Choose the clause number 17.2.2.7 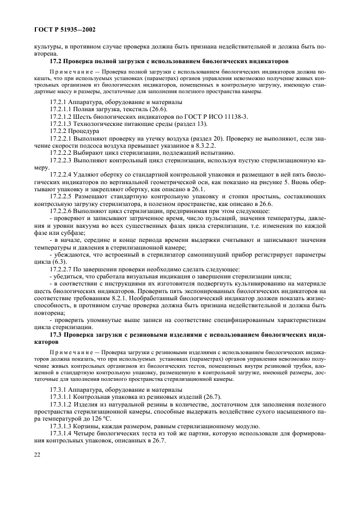tap(60, 269)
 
